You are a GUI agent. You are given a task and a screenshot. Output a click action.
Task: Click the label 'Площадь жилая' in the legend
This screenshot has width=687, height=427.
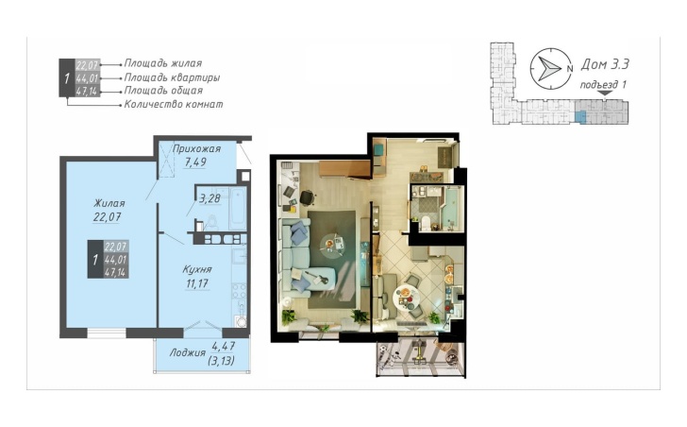coord(163,63)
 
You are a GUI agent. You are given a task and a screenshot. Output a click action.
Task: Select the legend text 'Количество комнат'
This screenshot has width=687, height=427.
coord(174,104)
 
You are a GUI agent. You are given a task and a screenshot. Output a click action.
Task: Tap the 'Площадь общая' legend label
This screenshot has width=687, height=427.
coord(163,91)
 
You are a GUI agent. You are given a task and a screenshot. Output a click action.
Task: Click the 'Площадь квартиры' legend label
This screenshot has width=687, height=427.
coord(172,77)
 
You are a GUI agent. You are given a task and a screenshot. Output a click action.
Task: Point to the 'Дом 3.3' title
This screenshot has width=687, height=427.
coord(605,64)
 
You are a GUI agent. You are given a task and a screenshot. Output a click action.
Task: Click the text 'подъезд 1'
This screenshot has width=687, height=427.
coord(603,84)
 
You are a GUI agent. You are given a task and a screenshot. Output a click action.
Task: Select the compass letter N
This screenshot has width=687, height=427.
coord(570,69)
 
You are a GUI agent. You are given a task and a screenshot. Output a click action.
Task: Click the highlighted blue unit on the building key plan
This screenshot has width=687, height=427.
coord(579,116)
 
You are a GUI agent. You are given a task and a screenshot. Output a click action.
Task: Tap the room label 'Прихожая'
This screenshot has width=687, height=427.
coord(196,148)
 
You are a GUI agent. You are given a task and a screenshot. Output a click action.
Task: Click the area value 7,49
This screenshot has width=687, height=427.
coord(195,162)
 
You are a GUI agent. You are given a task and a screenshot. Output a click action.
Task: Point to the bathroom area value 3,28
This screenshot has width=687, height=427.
coord(209,198)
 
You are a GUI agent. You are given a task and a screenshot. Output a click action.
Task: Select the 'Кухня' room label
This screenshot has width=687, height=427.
coord(197,269)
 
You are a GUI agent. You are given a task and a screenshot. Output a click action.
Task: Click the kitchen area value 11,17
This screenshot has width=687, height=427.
coord(197,283)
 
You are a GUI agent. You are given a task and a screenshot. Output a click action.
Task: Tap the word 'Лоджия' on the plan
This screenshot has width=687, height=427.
coord(188,353)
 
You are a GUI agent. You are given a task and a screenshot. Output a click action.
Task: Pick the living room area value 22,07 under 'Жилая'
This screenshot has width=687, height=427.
coord(107,217)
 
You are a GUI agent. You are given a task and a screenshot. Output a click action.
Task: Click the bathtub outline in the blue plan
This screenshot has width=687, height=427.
coord(238,208)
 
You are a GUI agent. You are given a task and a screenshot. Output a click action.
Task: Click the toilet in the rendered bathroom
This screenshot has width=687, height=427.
coord(424,223)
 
